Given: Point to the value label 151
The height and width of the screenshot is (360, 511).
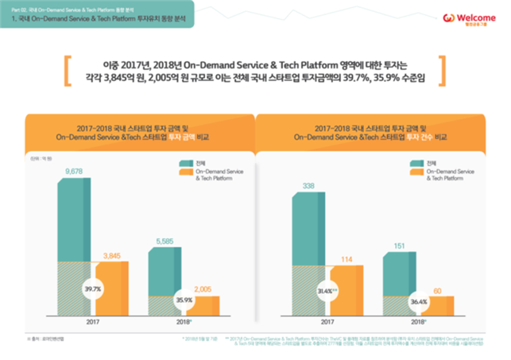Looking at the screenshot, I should pos(400,246).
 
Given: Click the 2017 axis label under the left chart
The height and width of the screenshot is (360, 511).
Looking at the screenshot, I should pos(93,323).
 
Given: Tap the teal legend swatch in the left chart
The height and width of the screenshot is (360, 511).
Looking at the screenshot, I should pos(184,163).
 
